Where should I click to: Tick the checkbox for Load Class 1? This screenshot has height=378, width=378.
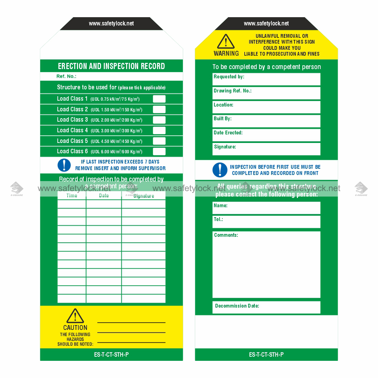tap(159, 99)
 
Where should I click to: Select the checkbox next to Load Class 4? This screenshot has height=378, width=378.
tap(159, 131)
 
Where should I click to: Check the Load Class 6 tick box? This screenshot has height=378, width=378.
tap(159, 152)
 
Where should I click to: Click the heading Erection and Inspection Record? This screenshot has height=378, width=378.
tap(111, 66)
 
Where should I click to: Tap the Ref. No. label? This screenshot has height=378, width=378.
tap(66, 76)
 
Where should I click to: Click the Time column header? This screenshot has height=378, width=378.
tap(72, 196)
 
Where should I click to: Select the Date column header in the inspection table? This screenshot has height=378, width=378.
tap(104, 196)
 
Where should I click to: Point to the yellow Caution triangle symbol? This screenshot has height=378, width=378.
tap(75, 316)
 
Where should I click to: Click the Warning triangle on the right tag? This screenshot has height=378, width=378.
tap(226, 42)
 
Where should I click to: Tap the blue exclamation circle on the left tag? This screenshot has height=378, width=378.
tap(64, 165)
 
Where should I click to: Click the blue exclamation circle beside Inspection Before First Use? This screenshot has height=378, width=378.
tap(220, 170)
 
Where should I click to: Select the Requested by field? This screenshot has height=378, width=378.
tap(266, 79)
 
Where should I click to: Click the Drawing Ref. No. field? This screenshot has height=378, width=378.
tap(266, 93)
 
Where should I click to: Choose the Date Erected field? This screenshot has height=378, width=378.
tap(266, 135)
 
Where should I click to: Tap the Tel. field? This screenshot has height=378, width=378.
tap(266, 222)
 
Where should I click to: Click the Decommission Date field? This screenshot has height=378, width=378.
tap(266, 307)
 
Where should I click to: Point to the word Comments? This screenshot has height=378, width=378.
tap(226, 235)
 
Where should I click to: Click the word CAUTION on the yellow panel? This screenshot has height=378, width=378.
tap(75, 328)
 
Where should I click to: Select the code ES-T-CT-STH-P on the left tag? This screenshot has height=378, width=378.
tap(111, 355)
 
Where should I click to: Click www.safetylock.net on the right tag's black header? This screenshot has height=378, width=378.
tap(266, 24)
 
